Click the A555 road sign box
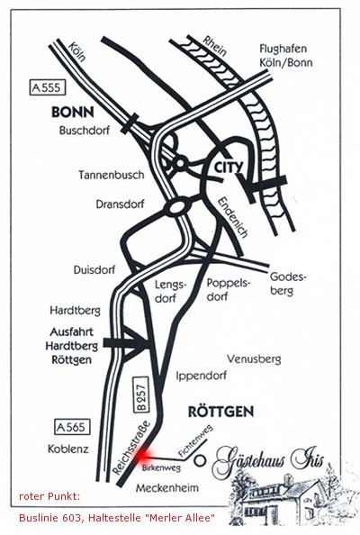point(47,87)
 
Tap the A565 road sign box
point(72,427)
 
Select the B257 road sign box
point(141,394)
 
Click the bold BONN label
point(73,112)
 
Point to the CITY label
point(229,168)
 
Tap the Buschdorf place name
point(85,131)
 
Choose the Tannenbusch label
point(112,175)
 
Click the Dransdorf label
point(121,204)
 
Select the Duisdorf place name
point(94,270)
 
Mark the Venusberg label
point(254,359)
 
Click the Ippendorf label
point(201,376)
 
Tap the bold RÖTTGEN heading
point(221,412)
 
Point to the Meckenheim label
point(167,488)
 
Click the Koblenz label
point(68,449)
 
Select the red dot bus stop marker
point(141,455)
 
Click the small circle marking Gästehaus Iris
point(200,460)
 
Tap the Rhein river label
point(214,46)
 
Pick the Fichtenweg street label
point(195,440)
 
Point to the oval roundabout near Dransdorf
point(176,207)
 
